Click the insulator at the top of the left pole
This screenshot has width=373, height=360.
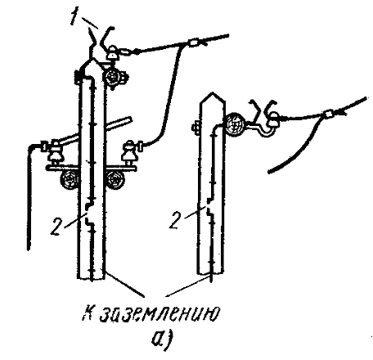tap(112, 52)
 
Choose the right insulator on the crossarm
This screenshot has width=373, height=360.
tap(128, 152)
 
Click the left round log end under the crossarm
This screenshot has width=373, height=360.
tap(70, 180)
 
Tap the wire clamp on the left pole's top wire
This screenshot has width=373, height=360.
tap(193, 43)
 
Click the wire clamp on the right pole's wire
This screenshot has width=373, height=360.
tap(329, 113)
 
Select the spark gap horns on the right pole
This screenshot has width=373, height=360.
tap(263, 109)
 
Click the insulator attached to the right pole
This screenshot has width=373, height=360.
tap(273, 120)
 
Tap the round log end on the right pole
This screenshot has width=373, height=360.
tap(234, 124)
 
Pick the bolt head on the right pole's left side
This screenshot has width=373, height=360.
tap(195, 128)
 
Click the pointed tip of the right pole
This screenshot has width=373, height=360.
tap(212, 93)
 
